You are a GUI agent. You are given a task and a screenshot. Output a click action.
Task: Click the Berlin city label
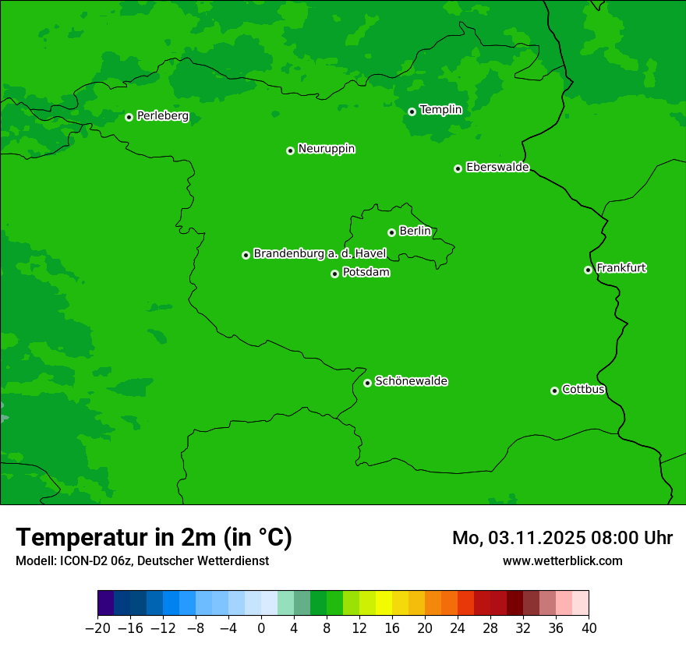[415, 231]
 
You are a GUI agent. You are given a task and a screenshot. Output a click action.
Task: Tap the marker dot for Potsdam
[334, 274]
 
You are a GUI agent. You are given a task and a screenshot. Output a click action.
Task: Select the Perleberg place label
[162, 116]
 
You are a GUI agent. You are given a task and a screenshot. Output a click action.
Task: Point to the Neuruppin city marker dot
[290, 150]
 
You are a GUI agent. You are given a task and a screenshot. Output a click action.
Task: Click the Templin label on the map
[440, 110]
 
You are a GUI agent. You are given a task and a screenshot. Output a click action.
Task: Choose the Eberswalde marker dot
[458, 168]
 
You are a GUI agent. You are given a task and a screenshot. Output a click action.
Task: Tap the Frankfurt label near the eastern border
[621, 268]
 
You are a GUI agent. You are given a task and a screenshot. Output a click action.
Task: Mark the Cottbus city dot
[554, 391]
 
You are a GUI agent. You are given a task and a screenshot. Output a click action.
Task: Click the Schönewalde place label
[411, 381]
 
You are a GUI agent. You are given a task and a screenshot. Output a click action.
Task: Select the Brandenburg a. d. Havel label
[320, 253]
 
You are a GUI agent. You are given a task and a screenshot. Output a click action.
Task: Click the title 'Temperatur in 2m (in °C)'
[154, 538]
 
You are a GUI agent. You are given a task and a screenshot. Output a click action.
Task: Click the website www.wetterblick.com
[562, 560]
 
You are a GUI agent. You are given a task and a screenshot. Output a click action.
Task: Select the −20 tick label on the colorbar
[97, 628]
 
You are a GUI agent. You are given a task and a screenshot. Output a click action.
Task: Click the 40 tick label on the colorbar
[589, 628]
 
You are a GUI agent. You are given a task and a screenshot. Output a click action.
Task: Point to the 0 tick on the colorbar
[261, 628]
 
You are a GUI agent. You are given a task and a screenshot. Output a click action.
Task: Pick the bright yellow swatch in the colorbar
[384, 603]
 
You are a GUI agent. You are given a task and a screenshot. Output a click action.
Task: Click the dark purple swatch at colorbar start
[105, 603]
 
